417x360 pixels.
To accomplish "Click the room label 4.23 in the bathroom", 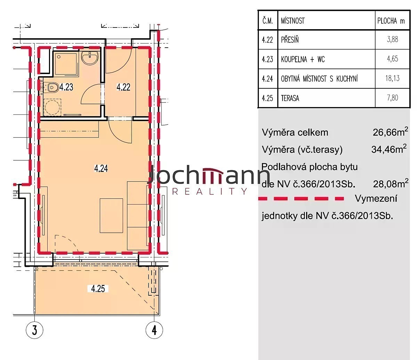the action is (66, 87).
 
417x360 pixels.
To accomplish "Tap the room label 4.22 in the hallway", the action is (123, 87).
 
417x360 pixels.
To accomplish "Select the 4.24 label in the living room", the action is (101, 168).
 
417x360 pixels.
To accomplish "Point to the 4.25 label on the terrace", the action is (98, 289).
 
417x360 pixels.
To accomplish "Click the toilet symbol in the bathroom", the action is (52, 88).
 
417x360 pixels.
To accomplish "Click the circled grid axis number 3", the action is (34, 330).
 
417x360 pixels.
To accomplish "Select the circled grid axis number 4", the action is (154, 330).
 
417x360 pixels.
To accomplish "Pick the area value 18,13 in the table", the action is (392, 78).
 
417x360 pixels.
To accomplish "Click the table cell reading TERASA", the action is (290, 98).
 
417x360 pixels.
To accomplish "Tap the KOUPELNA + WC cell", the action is (303, 59).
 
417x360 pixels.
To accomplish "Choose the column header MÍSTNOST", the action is (293, 21).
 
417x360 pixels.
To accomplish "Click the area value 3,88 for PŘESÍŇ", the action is (392, 39).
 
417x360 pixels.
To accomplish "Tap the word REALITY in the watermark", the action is (210, 191).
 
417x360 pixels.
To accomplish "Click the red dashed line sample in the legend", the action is (301, 199).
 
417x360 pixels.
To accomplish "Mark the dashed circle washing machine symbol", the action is (52, 107).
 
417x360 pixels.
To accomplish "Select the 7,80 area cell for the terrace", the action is (392, 98).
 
